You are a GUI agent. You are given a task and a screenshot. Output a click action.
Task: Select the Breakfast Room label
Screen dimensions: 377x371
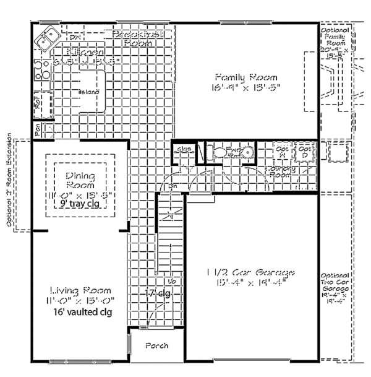pos(139,40)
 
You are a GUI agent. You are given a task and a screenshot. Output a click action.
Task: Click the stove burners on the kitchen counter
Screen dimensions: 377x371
pos(41,70)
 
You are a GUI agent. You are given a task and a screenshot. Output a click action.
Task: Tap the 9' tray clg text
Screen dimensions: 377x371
pos(81,202)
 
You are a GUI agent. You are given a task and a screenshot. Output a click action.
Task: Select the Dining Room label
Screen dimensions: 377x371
pos(81,181)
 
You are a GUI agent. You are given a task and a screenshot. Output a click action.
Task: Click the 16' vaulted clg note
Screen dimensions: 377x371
pos(81,312)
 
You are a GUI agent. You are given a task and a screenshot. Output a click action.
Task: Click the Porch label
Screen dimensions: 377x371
pos(156,345)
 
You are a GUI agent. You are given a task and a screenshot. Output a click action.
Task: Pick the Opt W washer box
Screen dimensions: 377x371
pos(283,152)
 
